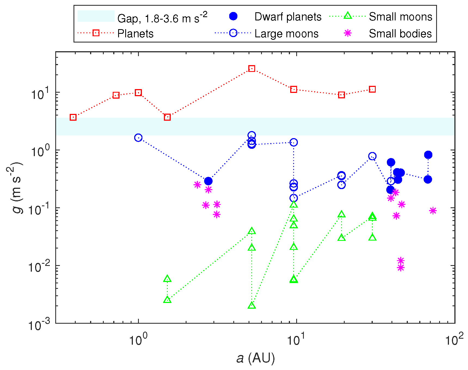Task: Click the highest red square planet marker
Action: coord(252,69)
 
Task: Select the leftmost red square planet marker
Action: coord(73,117)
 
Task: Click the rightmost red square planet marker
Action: coord(372,89)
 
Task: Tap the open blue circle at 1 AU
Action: coord(138,138)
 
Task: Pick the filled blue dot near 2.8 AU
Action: coord(208,181)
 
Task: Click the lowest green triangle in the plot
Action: coord(252,306)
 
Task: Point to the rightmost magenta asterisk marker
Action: coord(433,211)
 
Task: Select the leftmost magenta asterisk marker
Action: coord(197,185)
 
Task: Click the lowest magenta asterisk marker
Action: coord(401,268)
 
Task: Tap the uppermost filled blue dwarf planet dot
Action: coord(428,155)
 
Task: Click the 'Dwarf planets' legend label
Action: coord(288,17)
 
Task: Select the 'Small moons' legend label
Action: coord(400,17)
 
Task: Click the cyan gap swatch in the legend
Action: coord(96,16)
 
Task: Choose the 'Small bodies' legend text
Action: coord(400,34)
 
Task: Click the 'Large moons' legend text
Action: coord(286,34)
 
